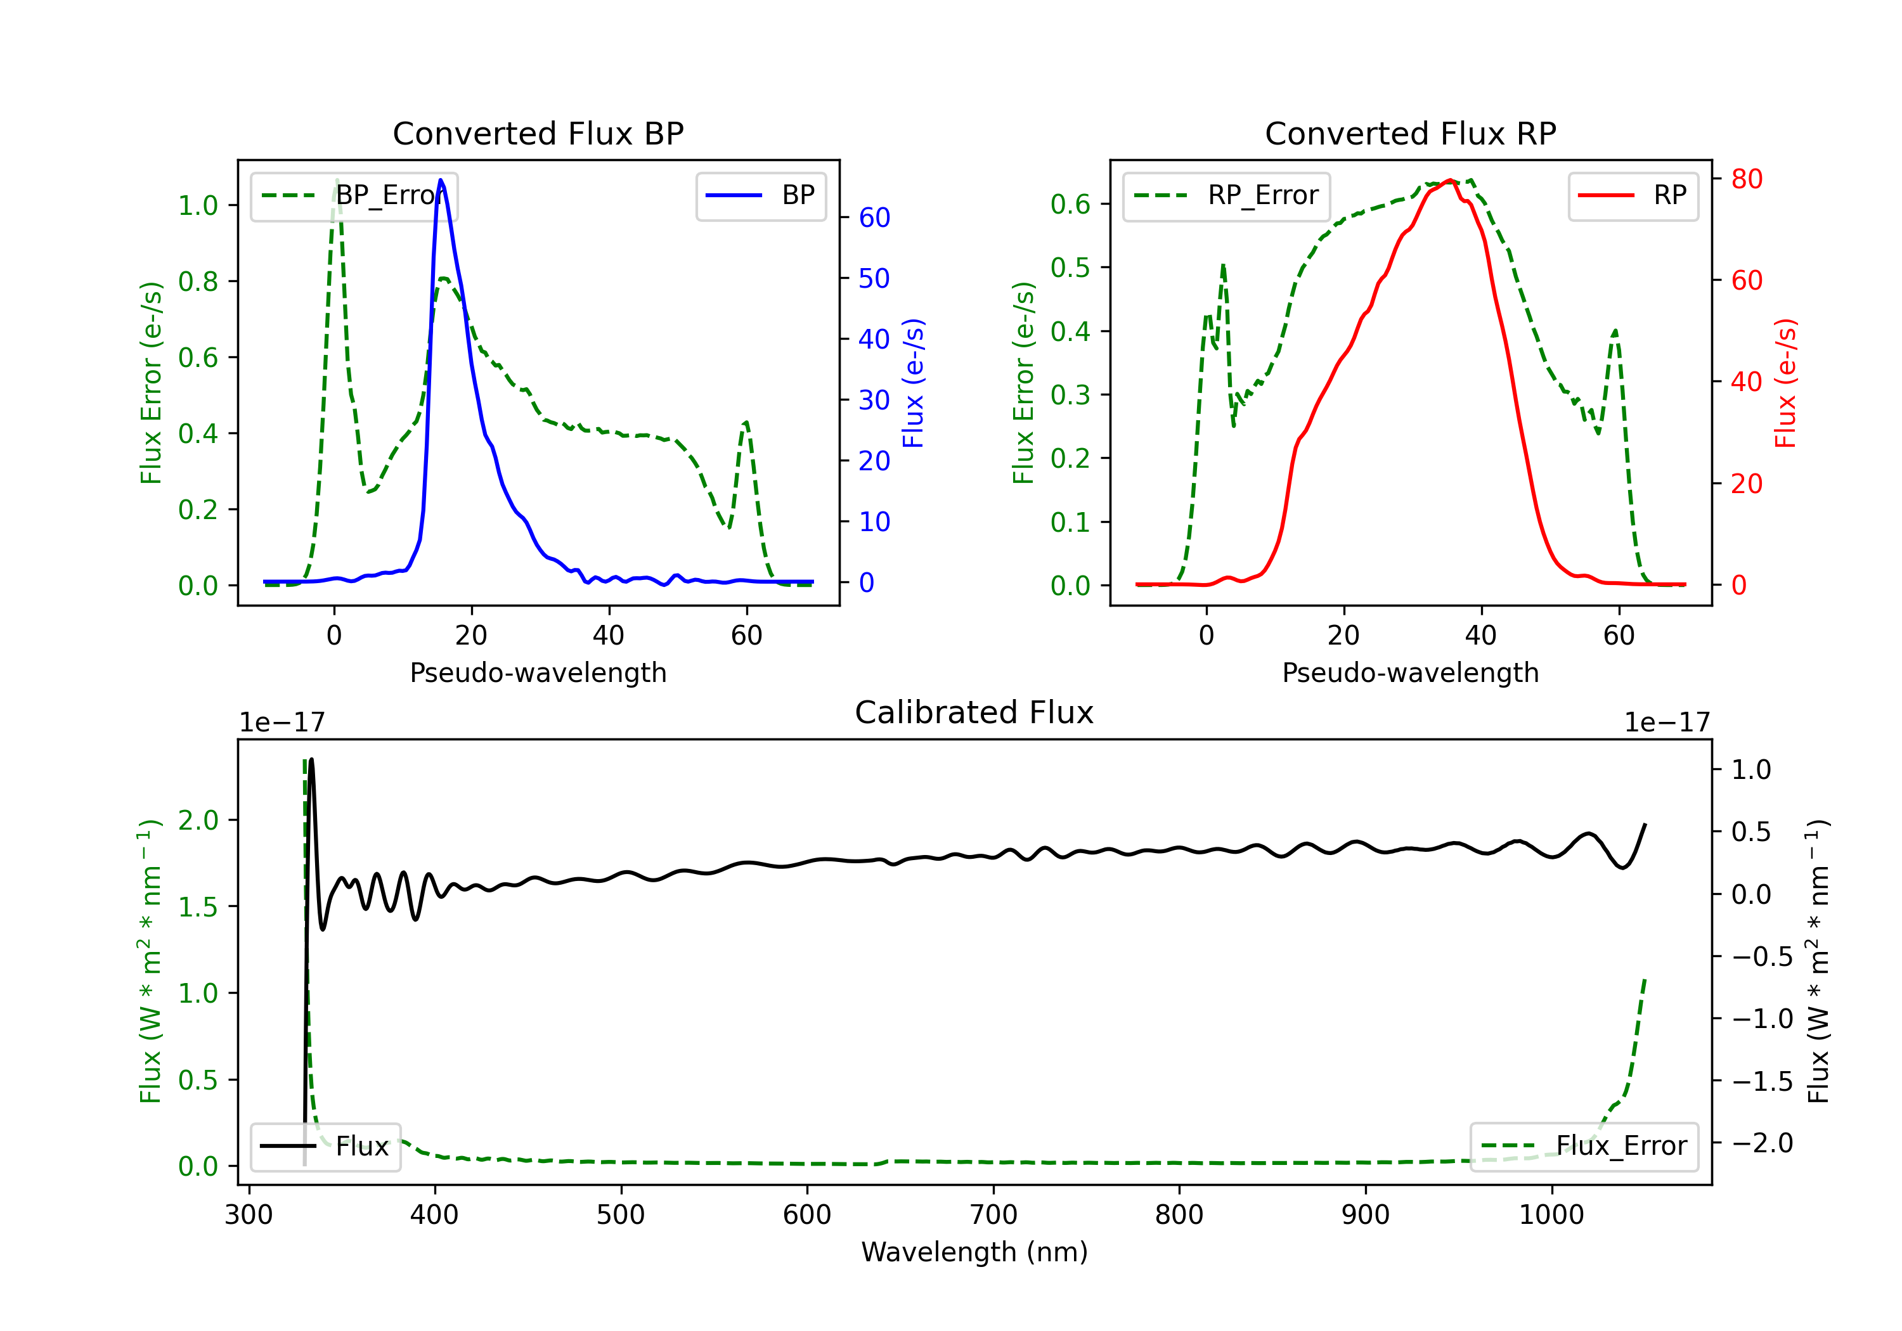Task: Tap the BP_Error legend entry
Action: coord(354,195)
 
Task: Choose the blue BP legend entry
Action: coord(760,195)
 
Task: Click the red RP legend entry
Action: coord(1633,195)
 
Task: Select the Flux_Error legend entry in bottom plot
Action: coord(1583,1147)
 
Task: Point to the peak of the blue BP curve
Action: coord(441,180)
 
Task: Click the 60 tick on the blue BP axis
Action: coord(874,218)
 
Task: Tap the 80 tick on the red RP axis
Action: coord(1746,179)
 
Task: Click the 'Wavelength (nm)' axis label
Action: coord(974,1252)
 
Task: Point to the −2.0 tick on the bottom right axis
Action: coord(1762,1143)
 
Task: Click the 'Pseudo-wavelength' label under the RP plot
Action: coord(1410,672)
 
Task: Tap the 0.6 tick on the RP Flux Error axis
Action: coord(1070,203)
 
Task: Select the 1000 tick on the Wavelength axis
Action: coord(1551,1215)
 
